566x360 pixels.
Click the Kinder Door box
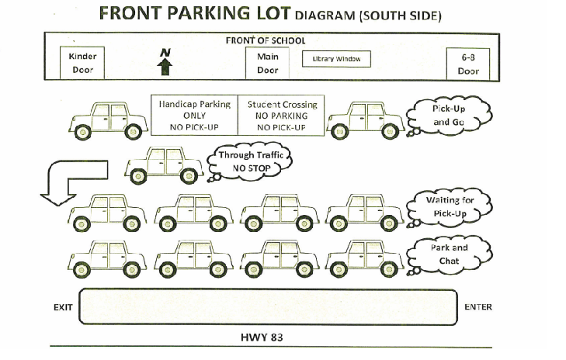click(82, 63)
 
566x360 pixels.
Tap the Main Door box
click(267, 63)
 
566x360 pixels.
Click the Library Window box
click(336, 59)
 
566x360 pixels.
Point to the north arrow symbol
click(165, 62)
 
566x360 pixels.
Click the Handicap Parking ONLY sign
click(195, 115)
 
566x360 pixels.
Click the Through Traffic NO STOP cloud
click(248, 161)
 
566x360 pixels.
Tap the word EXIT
click(63, 307)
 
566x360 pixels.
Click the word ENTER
click(478, 307)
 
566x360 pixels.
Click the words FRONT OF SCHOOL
click(265, 40)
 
